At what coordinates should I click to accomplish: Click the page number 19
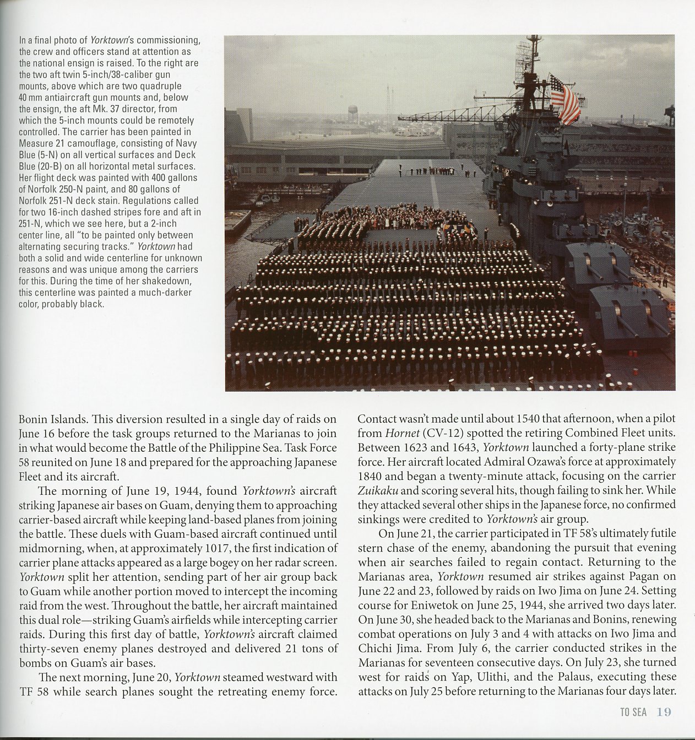coord(664,712)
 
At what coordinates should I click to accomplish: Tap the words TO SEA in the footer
coord(633,712)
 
